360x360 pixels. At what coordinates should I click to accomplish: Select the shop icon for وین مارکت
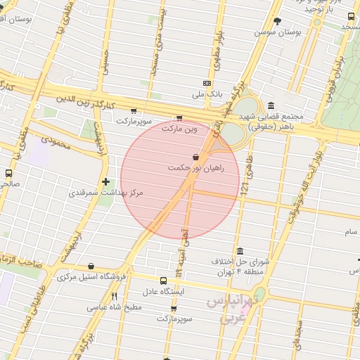point(179,118)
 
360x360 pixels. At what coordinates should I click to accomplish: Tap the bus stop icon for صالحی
point(8,173)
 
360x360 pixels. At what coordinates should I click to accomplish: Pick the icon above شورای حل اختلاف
point(240,251)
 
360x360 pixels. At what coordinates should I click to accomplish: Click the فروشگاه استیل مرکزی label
point(91,276)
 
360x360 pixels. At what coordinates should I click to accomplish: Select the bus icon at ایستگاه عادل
point(164,281)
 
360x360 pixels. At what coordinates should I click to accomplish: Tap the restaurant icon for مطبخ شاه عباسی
point(114,296)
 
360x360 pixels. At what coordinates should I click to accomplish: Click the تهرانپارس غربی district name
point(232,309)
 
